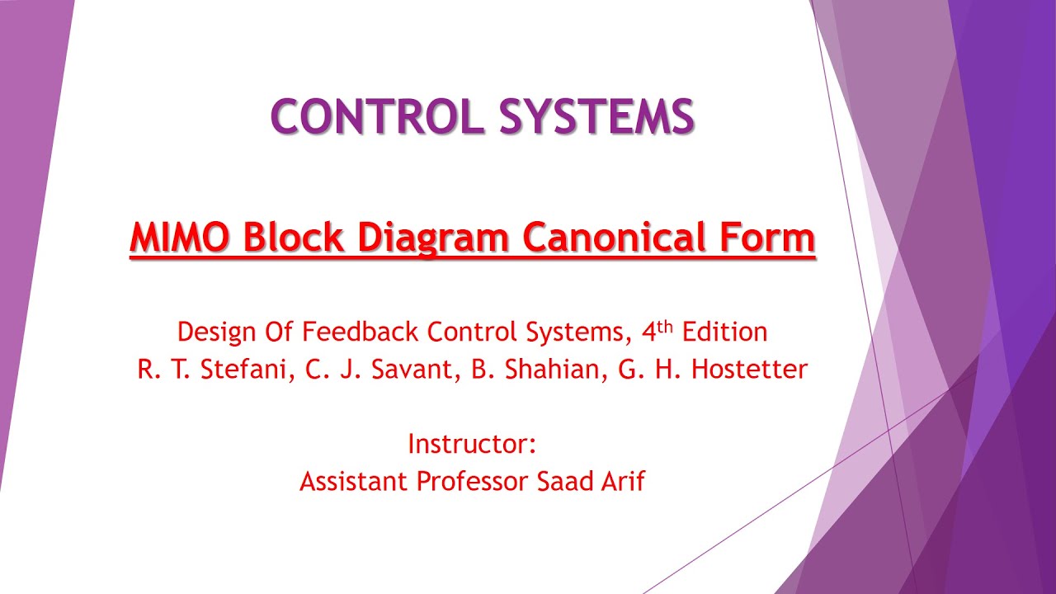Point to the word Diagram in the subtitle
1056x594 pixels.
point(437,238)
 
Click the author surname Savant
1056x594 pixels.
point(405,370)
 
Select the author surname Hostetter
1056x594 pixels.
point(749,370)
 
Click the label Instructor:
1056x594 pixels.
point(473,445)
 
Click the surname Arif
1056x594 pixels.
point(624,481)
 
